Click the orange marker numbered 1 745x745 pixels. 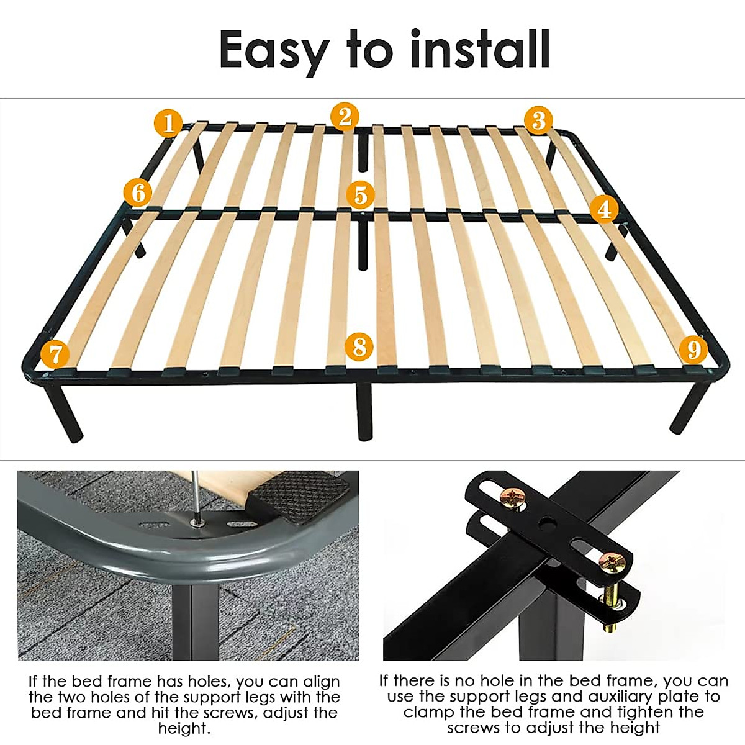coord(168,123)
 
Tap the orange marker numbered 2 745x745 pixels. coord(345,117)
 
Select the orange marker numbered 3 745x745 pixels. coord(539,120)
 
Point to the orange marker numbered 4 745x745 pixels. coord(604,209)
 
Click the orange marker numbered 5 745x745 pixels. coord(361,195)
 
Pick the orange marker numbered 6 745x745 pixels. coord(138,193)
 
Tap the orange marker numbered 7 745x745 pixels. coord(55,354)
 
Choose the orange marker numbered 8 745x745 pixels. coord(359,346)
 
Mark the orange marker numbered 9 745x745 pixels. coord(693,349)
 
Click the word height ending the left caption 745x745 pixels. coord(185,728)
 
